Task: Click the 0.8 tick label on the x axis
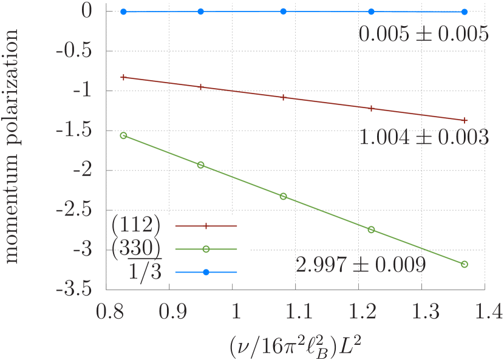point(110,313)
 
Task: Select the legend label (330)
point(137,249)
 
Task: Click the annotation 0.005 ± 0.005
point(423,35)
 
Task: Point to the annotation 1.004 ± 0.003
point(423,138)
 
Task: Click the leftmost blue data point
point(123,12)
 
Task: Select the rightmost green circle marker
point(465,264)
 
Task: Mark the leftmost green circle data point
point(123,135)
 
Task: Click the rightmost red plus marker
point(465,120)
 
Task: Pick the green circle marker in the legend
point(206,249)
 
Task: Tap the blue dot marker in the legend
point(206,272)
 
